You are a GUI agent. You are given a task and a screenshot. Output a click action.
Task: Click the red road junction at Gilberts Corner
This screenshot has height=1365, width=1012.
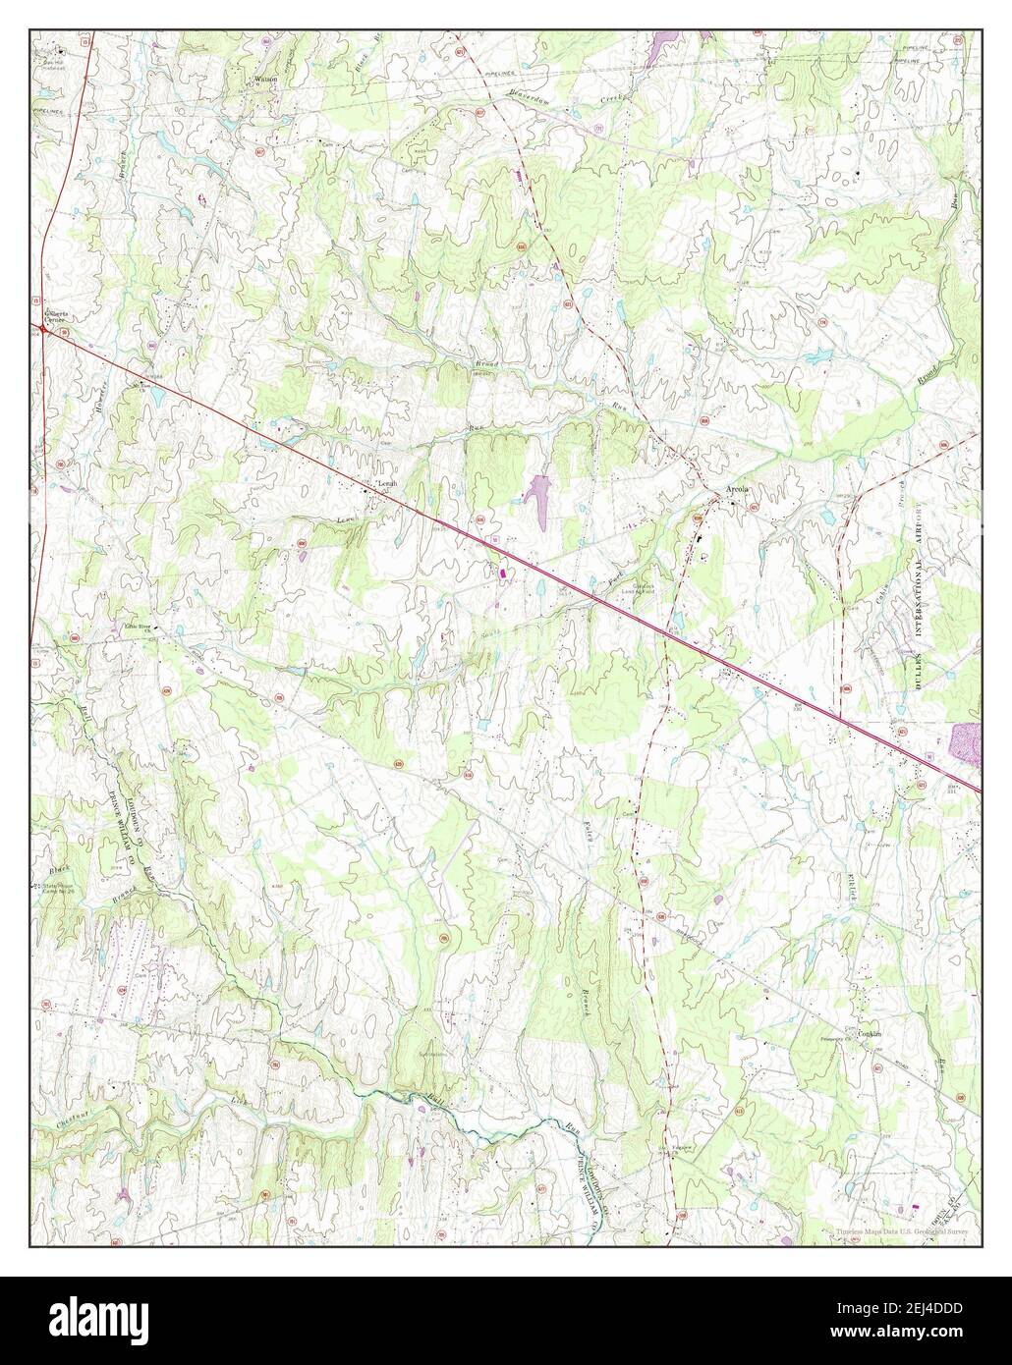pos(44,330)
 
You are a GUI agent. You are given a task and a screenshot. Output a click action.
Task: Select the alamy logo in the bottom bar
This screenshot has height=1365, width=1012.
pos(92,1321)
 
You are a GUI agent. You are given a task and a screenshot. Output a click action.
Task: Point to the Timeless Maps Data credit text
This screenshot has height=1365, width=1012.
pos(902,1231)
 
